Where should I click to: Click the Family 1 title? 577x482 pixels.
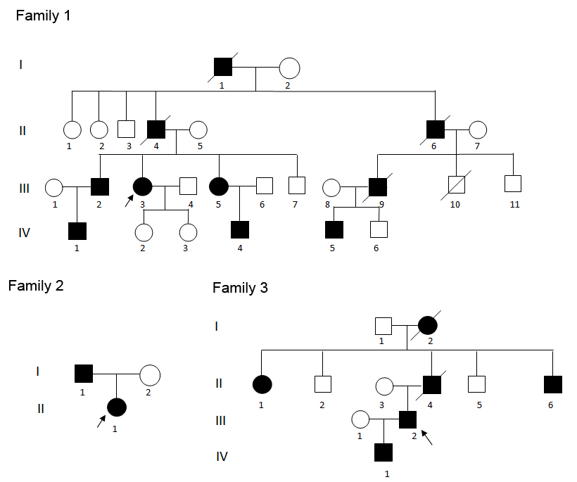(43, 15)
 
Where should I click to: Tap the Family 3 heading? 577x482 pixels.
(240, 288)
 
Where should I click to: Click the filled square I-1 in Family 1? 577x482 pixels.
(223, 68)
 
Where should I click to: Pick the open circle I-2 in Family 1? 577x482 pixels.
(289, 68)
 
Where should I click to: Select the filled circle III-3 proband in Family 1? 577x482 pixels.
(143, 186)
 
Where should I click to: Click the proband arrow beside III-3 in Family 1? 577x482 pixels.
(127, 201)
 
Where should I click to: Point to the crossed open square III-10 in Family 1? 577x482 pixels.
(457, 186)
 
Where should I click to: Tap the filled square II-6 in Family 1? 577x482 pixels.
(436, 129)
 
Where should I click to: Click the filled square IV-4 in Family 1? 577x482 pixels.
(241, 229)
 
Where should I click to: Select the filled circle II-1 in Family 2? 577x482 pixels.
(117, 407)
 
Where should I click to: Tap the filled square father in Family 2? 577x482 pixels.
(84, 374)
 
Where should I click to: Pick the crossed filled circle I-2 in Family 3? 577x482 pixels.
(428, 326)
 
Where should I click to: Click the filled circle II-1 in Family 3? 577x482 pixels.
(262, 385)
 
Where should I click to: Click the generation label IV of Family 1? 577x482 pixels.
(23, 232)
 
